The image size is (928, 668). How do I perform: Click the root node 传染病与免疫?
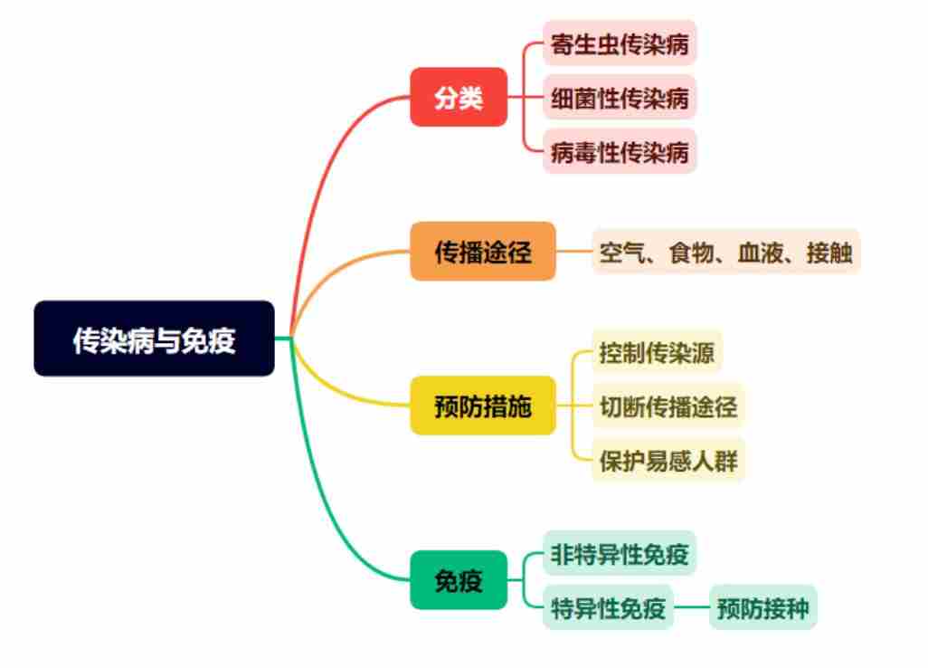coord(154,339)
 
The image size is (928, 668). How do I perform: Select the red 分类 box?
coord(459,97)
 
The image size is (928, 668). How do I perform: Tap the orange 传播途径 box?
coord(483,251)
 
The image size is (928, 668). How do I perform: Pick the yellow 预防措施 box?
coord(483,406)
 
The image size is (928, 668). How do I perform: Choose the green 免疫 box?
coord(459,580)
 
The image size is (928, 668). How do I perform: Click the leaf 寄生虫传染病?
coord(620,43)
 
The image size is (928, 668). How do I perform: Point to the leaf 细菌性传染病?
coord(620,97)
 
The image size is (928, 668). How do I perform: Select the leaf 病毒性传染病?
coord(620,151)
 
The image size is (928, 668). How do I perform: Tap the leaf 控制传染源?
coord(657,352)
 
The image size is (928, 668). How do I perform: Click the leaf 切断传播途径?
coord(668,406)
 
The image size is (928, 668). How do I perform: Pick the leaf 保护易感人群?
coord(668,460)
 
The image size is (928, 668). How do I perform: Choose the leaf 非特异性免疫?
coord(620,554)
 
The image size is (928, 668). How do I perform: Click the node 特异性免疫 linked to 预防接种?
coord(609,607)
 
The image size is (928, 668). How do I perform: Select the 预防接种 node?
coord(762,607)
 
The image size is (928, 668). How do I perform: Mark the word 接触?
coord(829,253)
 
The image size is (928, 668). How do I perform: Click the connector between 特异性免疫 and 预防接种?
coord(691,607)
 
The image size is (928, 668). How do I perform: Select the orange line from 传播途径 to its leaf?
coord(573,251)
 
